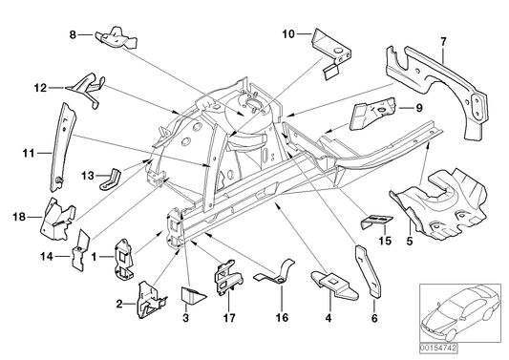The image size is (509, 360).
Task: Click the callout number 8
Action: coord(72,35)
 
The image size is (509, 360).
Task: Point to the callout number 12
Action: coord(40,87)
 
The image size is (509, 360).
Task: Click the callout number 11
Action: coord(28,151)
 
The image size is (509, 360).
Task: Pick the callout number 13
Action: coord(86,175)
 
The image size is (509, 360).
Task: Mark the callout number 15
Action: coord(385,240)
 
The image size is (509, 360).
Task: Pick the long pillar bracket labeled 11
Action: coord(55,143)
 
